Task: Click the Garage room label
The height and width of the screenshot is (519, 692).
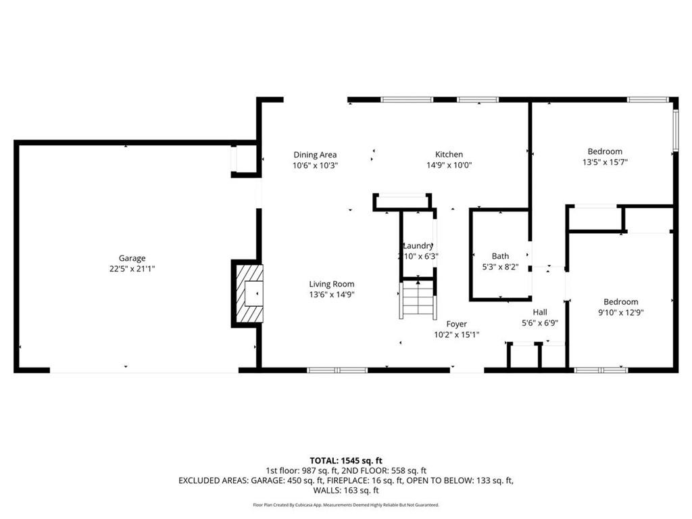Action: (132, 258)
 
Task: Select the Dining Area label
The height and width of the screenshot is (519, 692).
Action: (315, 155)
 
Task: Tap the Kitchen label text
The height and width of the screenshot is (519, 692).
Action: (449, 155)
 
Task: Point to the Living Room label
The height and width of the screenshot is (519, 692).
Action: (332, 285)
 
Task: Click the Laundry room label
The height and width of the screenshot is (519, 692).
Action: (418, 246)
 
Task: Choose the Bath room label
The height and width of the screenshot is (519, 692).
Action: (500, 256)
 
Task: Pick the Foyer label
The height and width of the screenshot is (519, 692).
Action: (456, 324)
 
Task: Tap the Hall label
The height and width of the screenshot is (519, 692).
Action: (539, 312)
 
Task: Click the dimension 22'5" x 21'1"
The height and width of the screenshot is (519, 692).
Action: (132, 268)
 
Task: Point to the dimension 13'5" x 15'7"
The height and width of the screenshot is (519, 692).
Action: (605, 162)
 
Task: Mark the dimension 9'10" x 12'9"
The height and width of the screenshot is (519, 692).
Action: (620, 312)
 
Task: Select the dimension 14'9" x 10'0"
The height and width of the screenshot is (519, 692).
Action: (449, 165)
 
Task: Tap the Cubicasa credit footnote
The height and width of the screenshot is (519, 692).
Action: (345, 505)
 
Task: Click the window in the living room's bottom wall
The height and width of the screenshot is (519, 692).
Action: (337, 370)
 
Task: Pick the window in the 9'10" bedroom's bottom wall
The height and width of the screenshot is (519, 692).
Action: (600, 370)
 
